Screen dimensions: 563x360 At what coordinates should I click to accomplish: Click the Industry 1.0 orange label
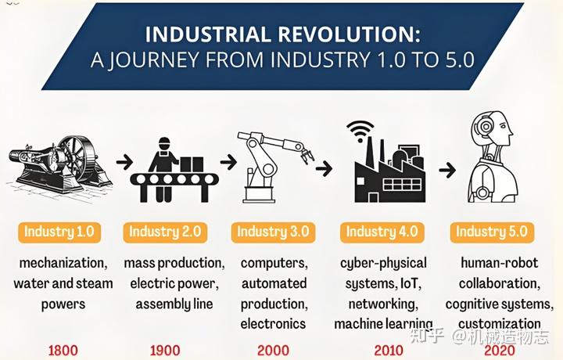pos(59,232)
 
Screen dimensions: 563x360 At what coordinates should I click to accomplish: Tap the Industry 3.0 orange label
pos(273,232)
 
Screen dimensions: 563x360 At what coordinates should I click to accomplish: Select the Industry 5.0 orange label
pos(492,232)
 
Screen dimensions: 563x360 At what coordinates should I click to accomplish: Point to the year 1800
pos(63,351)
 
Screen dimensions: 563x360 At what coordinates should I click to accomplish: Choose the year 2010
pos(389,351)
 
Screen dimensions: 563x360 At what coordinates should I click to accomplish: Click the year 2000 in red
pos(273,351)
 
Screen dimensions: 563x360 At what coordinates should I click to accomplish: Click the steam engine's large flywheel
pos(78,158)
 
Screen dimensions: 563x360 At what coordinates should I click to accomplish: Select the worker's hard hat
pos(164,141)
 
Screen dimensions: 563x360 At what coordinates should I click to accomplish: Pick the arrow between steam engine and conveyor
pos(124,162)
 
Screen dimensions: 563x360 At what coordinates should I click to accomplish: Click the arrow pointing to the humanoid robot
pos(447,170)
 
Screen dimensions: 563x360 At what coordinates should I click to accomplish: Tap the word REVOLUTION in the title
pos(349,34)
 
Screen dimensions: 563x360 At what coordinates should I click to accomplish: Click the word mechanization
pos(63,263)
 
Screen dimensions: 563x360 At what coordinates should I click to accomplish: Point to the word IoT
pos(411,284)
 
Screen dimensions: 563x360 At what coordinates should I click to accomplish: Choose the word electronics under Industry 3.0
pos(273,324)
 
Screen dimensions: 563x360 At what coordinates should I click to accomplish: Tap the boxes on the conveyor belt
pos(192,164)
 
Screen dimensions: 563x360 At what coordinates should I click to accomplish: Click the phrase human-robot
pos(500,263)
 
